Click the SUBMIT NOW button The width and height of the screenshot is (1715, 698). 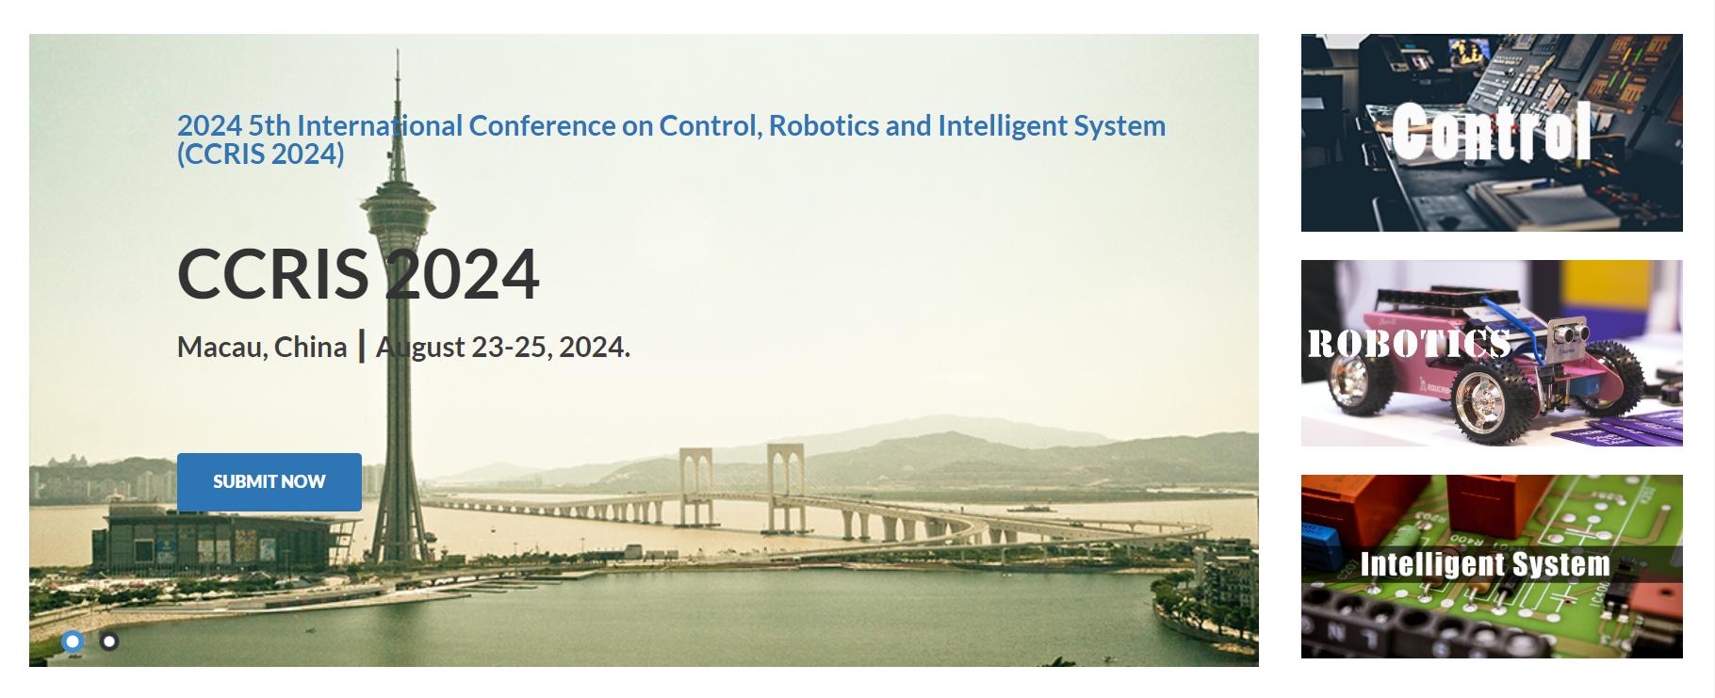point(269,482)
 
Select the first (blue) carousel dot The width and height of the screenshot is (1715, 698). point(73,641)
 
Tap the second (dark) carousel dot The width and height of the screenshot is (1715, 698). point(109,641)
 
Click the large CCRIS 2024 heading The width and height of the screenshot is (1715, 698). point(358,274)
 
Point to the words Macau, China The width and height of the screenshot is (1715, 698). point(262,348)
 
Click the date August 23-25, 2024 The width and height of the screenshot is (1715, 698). point(503,348)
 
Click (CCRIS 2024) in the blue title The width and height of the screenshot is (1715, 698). point(261,154)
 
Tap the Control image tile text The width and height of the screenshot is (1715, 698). point(1492,131)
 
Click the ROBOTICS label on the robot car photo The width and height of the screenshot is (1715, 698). point(1409,344)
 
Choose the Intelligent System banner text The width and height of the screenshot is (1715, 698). point(1485,564)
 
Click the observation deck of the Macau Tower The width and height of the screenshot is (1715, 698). point(398,208)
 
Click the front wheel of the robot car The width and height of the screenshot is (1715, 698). point(1487,400)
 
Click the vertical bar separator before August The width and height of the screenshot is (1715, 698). point(362,346)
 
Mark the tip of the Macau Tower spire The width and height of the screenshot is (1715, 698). point(398,50)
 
